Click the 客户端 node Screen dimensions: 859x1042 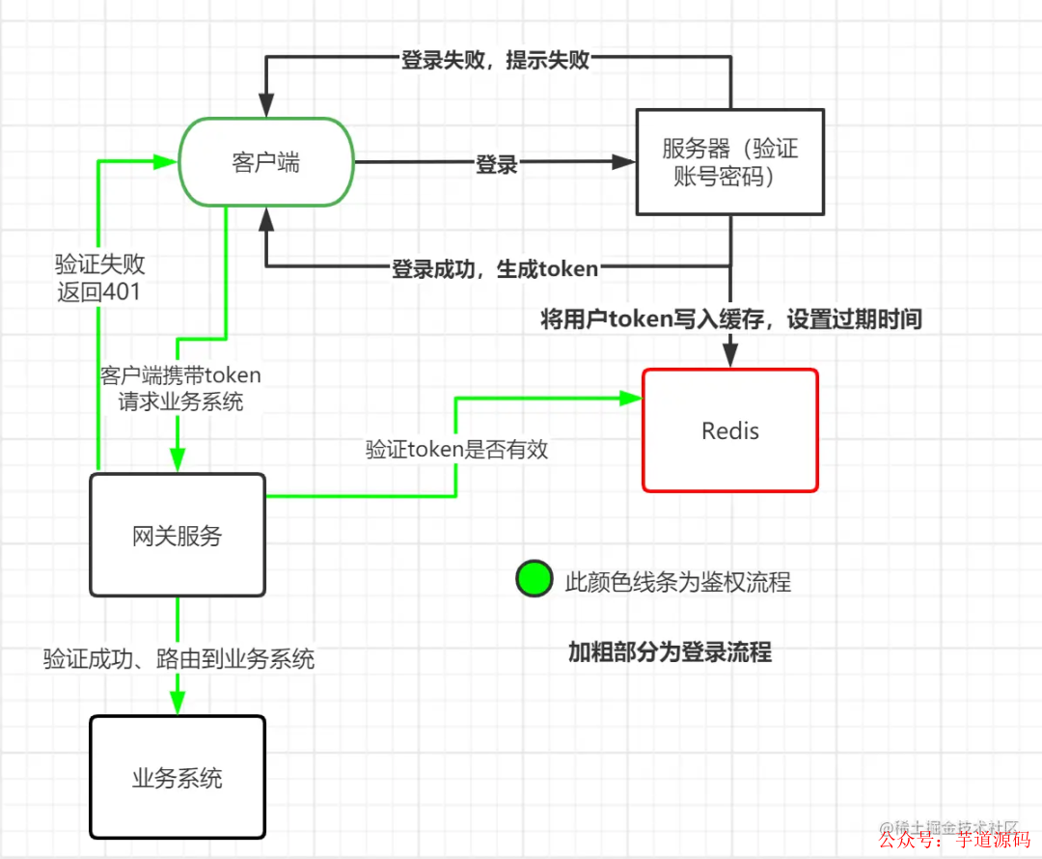(266, 162)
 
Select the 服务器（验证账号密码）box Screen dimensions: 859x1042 (729, 162)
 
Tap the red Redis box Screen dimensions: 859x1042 (730, 430)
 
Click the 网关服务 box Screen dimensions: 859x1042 (178, 535)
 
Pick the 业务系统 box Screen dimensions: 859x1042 (178, 777)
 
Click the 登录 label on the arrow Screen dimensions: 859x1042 (497, 164)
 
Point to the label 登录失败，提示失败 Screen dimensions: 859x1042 (495, 60)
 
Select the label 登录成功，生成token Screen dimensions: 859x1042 (494, 268)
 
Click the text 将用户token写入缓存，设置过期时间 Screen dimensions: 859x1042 (730, 319)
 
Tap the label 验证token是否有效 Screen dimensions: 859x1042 (456, 449)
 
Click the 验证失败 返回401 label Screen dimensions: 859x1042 (99, 277)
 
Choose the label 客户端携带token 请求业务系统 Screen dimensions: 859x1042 (180, 388)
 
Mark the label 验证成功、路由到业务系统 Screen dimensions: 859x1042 (178, 659)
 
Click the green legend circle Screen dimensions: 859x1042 (534, 579)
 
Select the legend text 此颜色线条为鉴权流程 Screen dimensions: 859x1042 (677, 581)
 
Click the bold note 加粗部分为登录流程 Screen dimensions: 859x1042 (670, 652)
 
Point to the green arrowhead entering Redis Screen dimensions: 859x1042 (633, 396)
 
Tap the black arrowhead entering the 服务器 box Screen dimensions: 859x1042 (626, 163)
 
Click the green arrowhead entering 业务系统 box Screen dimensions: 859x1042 (178, 706)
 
